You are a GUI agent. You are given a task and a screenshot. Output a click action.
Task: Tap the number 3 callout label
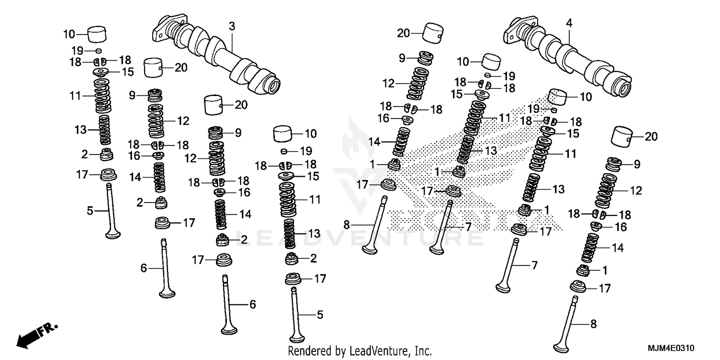click(232, 27)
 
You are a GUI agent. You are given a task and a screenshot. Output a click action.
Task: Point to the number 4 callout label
click(569, 23)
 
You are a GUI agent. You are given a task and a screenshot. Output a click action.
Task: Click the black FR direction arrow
click(36, 335)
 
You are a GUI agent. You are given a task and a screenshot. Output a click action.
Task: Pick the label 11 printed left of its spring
click(74, 96)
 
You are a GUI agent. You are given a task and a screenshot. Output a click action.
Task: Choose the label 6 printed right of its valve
click(252, 304)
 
